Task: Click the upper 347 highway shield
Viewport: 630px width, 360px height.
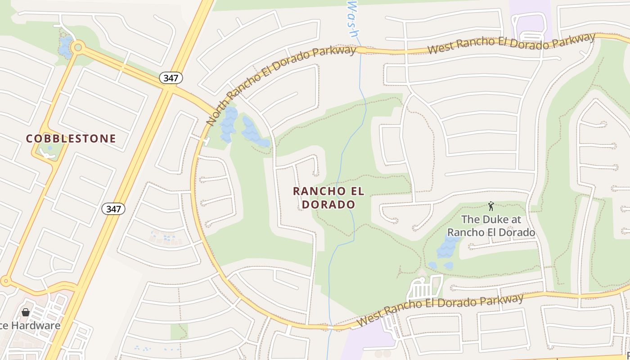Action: point(171,78)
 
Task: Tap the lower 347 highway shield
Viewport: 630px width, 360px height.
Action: point(113,209)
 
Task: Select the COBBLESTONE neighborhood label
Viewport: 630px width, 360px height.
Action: point(71,139)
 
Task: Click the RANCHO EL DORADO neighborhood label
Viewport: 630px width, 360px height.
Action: point(328,198)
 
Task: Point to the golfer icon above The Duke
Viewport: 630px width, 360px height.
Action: point(490,207)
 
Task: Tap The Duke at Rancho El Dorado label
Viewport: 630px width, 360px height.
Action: point(491,226)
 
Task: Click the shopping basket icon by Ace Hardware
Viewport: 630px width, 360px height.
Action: point(26,312)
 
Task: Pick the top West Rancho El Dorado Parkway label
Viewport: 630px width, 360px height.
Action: point(511,44)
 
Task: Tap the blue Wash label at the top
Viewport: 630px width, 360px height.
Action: point(354,18)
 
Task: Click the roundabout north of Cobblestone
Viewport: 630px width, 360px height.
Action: point(78,46)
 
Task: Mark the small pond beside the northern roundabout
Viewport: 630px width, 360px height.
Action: point(65,47)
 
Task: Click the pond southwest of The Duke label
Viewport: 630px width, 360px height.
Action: point(447,247)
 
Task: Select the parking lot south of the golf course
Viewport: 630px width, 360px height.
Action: point(423,288)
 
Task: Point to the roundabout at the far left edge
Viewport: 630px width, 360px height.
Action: point(5,282)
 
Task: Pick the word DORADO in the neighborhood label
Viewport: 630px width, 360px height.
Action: point(328,204)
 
